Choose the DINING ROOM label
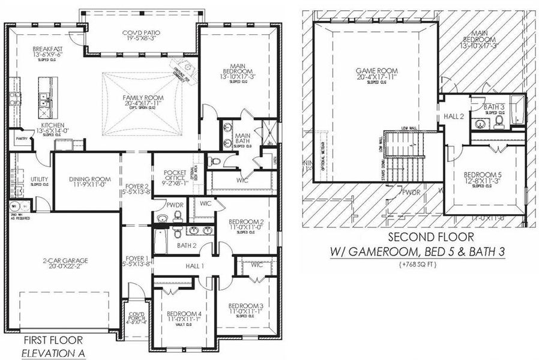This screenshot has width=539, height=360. click(90, 179)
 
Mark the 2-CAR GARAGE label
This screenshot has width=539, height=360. click(66, 260)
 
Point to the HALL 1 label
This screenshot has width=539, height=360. click(195, 265)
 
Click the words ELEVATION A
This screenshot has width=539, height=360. click(54, 354)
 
